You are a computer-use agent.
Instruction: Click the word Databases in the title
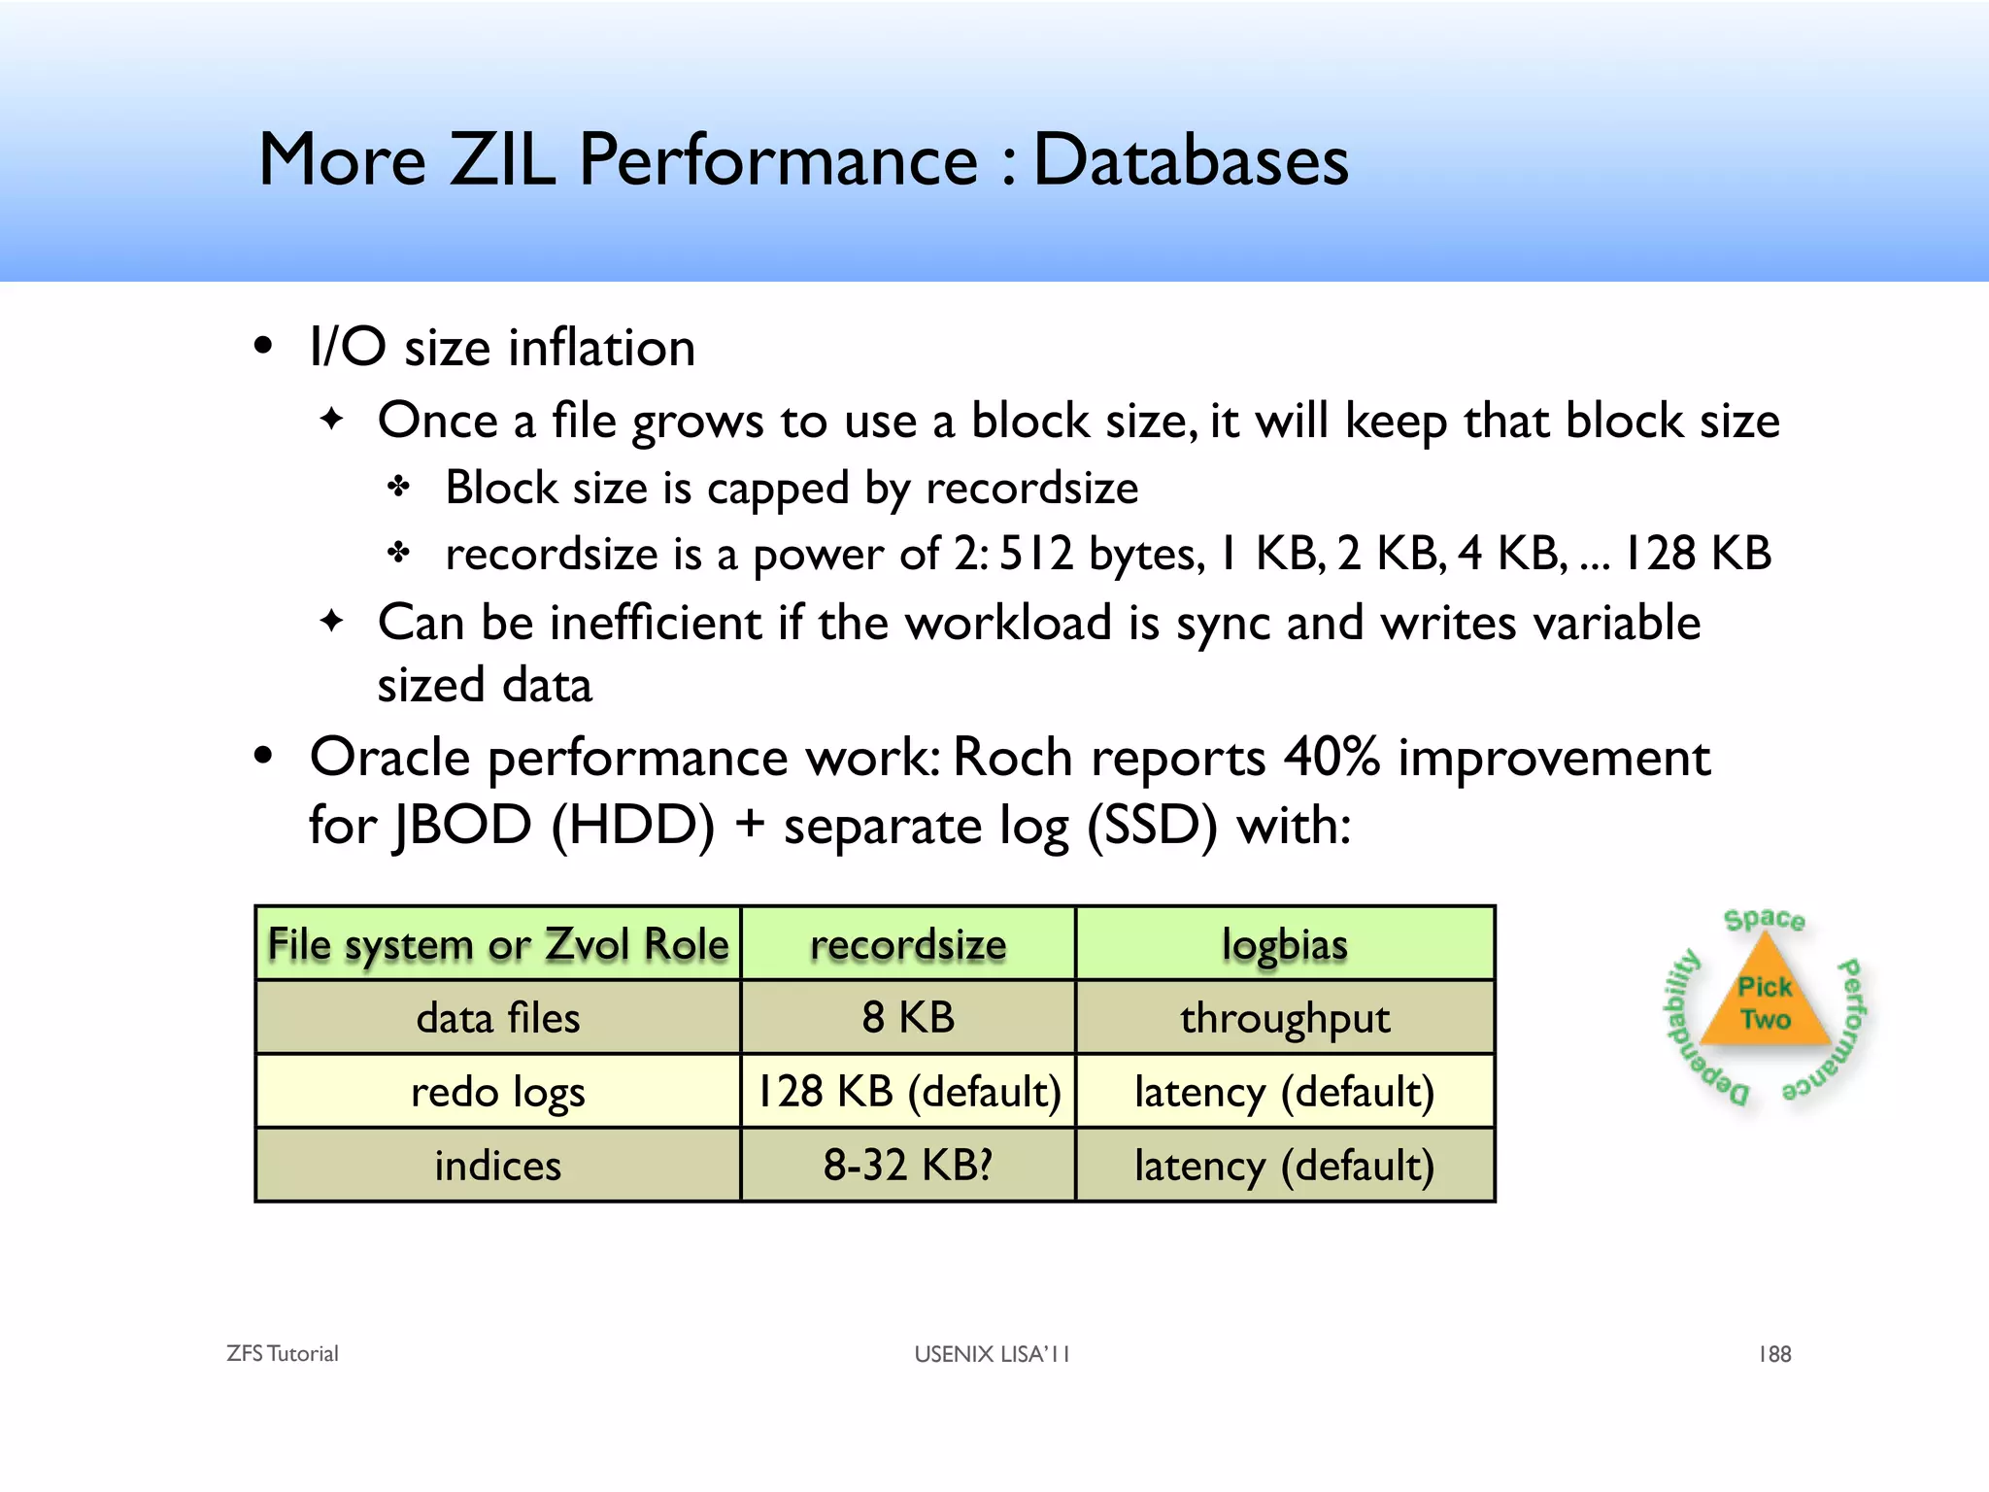pos(1191,160)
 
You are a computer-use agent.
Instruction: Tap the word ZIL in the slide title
pos(501,160)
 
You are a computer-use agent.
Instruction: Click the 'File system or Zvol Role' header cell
pos(498,944)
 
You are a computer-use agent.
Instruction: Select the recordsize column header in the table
pos(908,944)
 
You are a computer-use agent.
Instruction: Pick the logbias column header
pos(1285,944)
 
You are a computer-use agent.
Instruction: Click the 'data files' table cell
pos(498,1018)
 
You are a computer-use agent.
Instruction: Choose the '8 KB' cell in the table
pos(908,1018)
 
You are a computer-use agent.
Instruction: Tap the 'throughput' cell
pos(1285,1018)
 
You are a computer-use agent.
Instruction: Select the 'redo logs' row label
pos(498,1092)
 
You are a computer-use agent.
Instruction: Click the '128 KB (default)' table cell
pos(908,1092)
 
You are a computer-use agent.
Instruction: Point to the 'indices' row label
pos(498,1166)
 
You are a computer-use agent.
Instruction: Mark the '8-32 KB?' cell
pos(908,1166)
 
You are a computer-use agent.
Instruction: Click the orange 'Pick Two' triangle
pos(1765,1005)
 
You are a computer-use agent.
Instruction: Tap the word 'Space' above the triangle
pos(1764,919)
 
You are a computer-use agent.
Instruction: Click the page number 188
pos(1774,1354)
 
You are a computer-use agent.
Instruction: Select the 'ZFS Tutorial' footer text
pos(283,1354)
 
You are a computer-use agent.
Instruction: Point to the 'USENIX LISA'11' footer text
pos(992,1354)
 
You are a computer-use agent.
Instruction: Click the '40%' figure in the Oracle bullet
pos(1332,757)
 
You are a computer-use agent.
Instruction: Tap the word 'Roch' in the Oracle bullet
pos(1012,757)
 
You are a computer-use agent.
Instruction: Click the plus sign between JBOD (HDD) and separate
pos(749,825)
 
